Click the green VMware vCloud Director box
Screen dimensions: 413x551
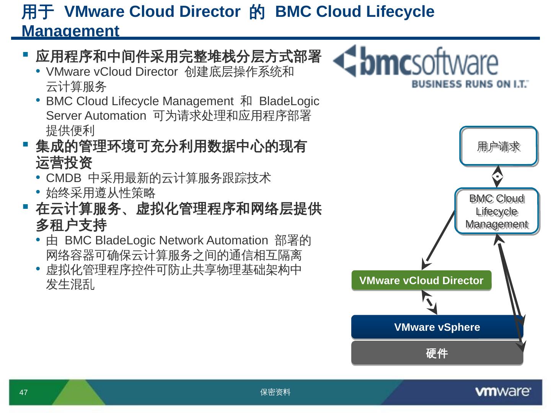tap(421, 281)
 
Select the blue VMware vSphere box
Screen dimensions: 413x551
tap(437, 327)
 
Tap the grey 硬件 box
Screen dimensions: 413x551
tap(437, 353)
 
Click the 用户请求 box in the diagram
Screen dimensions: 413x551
tap(498, 146)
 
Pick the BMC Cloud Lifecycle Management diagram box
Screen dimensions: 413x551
tap(497, 211)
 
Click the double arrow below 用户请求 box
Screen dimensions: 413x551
tap(497, 177)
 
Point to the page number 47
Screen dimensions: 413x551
tap(23, 392)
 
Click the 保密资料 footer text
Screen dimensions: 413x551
tap(275, 392)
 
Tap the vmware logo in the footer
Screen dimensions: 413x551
tap(502, 392)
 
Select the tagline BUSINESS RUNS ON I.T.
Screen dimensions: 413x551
tap(470, 84)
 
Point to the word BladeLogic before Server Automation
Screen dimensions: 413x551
tap(289, 101)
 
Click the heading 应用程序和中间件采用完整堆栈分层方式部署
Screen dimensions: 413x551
tap(178, 57)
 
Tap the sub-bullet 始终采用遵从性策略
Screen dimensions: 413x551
tap(101, 193)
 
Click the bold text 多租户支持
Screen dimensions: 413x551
tap(71, 225)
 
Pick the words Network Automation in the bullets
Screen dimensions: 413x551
tap(214, 241)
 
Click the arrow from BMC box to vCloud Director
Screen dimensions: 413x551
tap(439, 237)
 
